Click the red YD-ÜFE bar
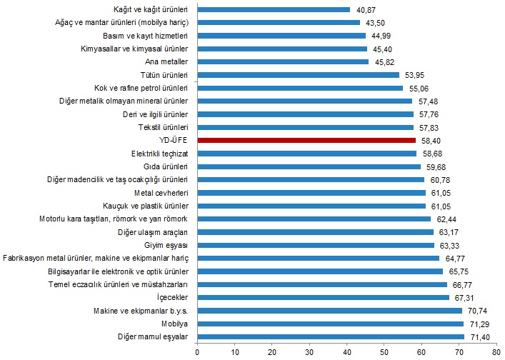(x=306, y=140)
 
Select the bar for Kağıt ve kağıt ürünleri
(x=273, y=9)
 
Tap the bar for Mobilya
(x=329, y=324)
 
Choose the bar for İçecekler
(x=322, y=297)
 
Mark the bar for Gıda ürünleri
(x=308, y=166)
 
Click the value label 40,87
(x=364, y=9)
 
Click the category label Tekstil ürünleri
(x=163, y=127)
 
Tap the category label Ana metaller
(x=167, y=61)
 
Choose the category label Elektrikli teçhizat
(x=160, y=154)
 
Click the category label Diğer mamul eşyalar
(x=153, y=336)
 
